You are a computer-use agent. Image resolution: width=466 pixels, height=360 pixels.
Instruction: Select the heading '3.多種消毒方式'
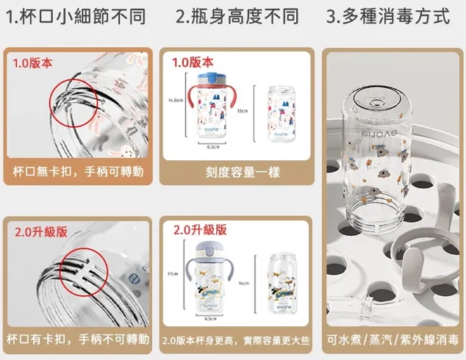coord(387,16)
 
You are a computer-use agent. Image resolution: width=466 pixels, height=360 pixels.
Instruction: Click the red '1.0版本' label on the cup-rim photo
coord(33,63)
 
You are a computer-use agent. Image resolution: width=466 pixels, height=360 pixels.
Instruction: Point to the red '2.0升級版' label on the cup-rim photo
coord(41,231)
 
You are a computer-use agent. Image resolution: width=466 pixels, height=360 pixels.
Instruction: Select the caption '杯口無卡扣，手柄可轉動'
coord(78,173)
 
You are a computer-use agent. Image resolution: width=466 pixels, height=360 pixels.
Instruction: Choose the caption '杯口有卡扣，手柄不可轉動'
coord(78,340)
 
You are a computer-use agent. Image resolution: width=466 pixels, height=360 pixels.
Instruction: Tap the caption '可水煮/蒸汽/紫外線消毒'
coord(394,340)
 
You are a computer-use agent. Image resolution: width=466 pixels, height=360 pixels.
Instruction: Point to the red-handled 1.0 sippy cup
coord(213,110)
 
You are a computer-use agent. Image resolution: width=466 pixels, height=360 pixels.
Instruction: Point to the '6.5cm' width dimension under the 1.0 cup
coord(212,148)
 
